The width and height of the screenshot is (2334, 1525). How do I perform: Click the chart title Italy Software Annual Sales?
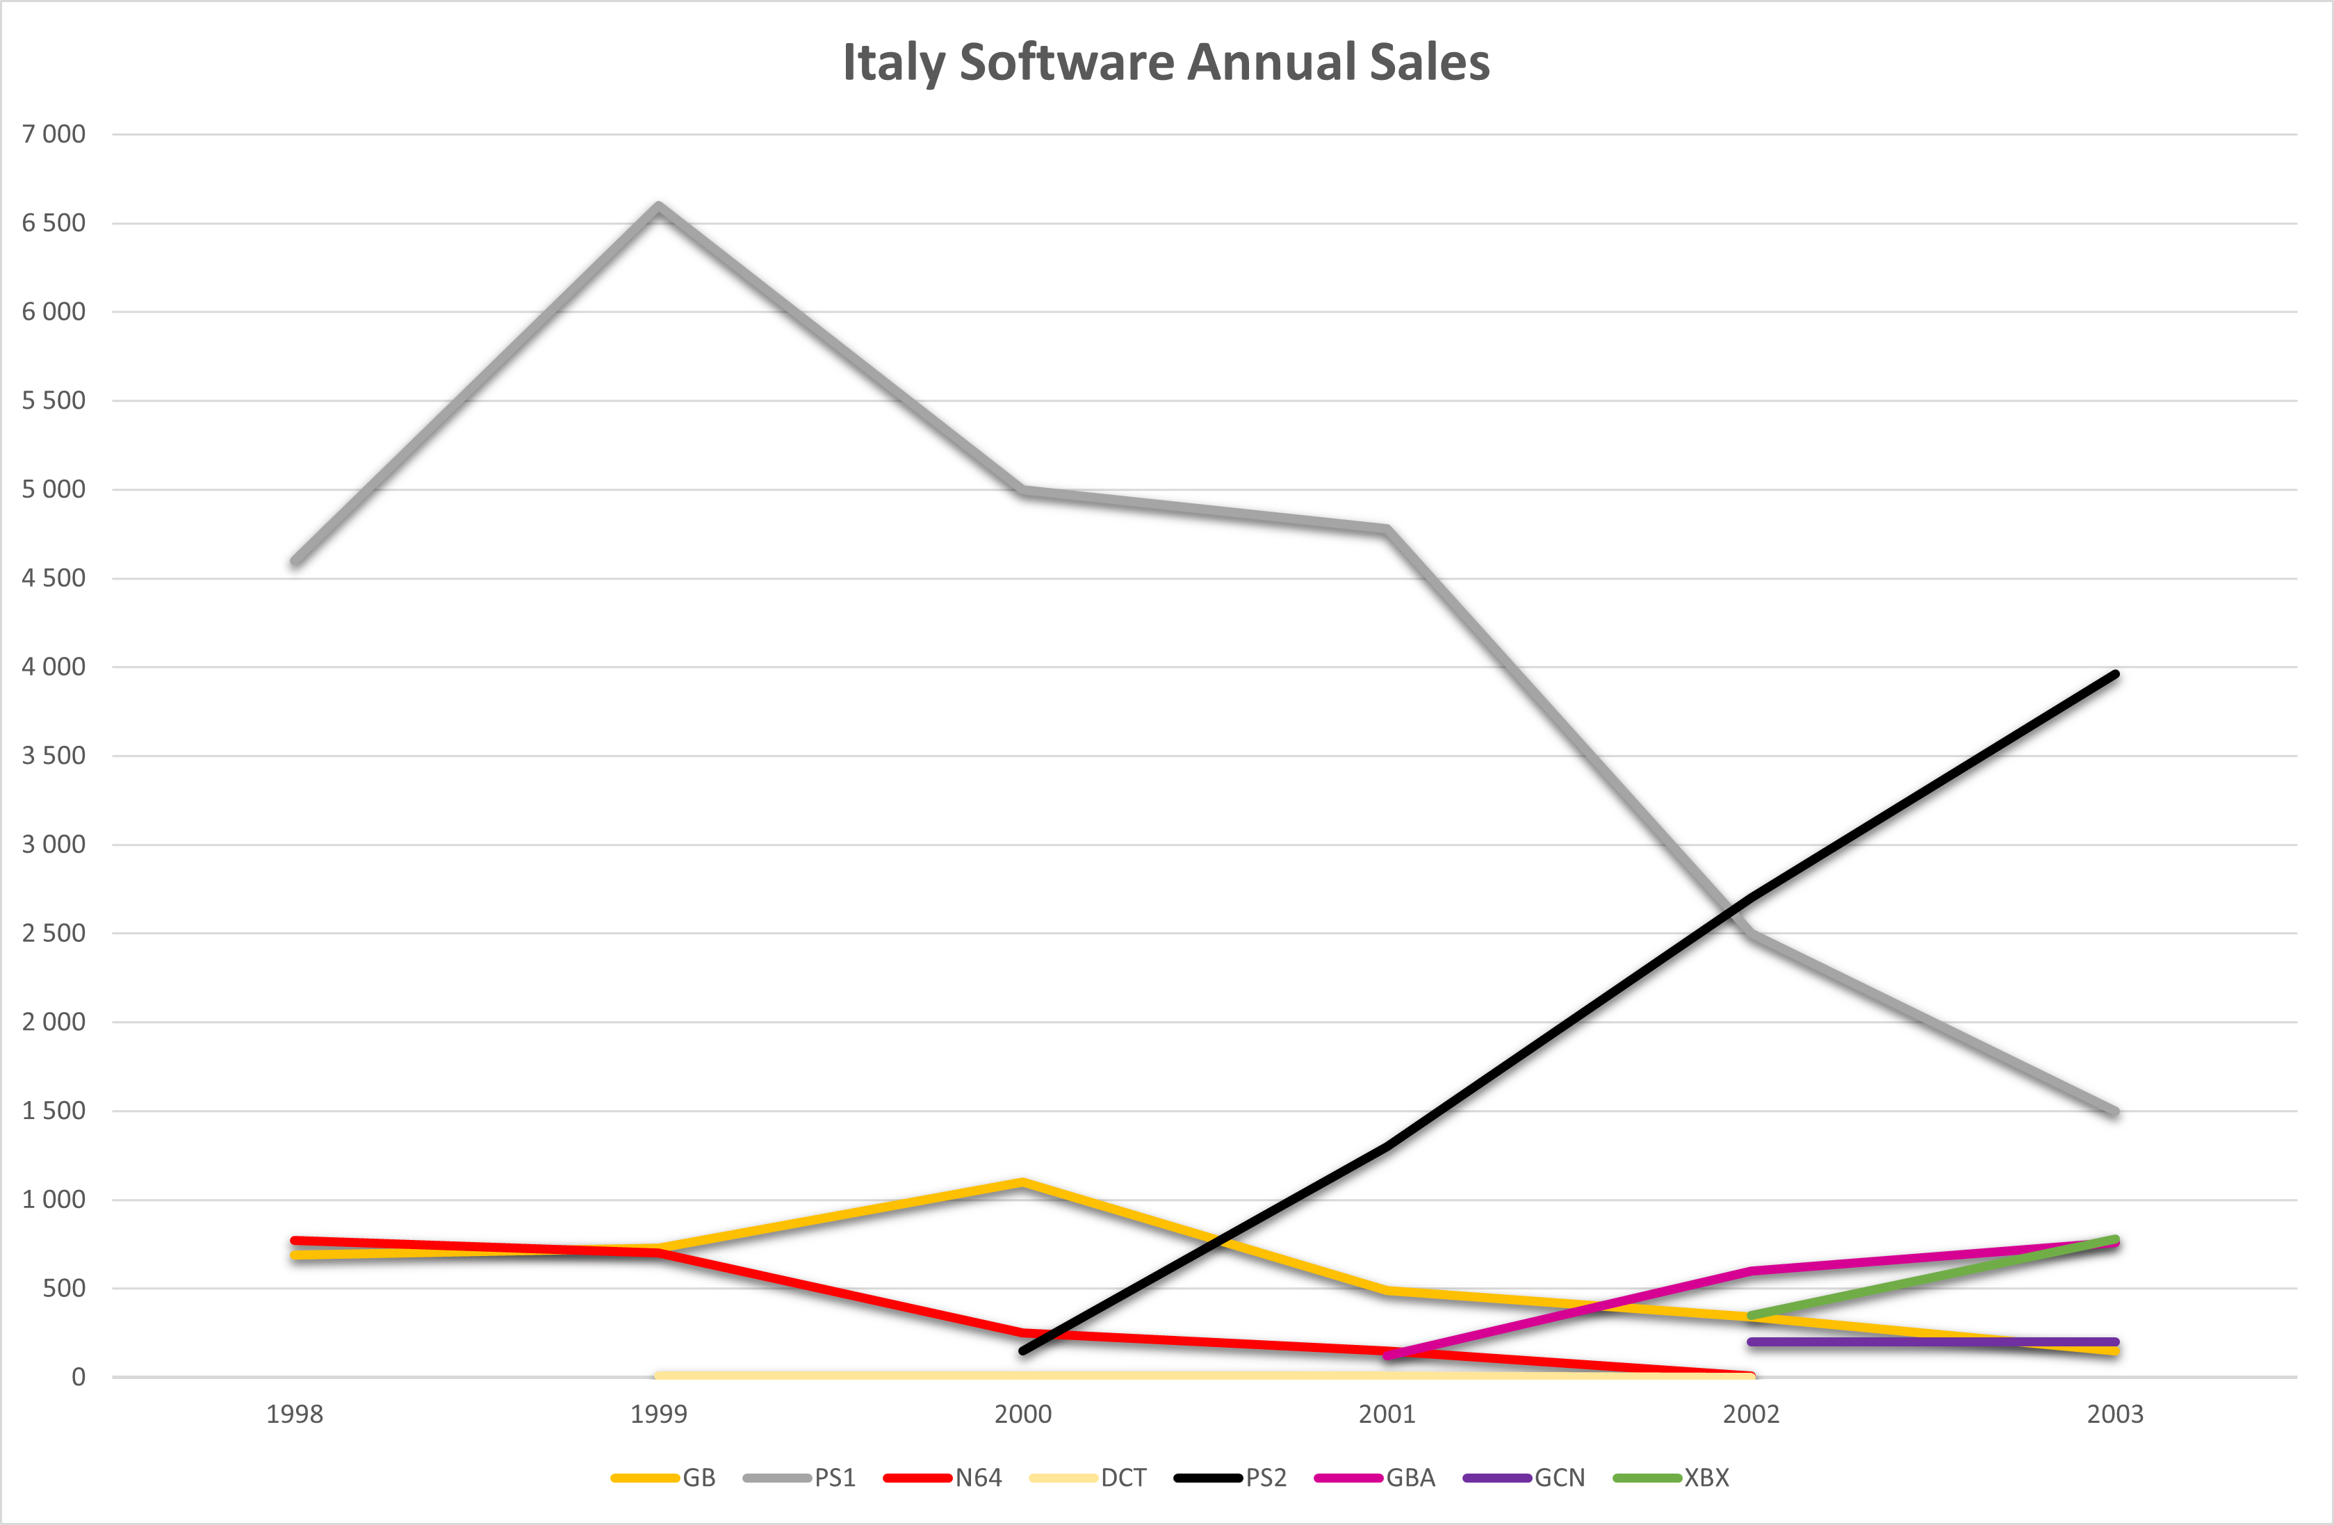tap(1166, 62)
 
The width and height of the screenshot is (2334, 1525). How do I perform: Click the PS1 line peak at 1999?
tap(659, 206)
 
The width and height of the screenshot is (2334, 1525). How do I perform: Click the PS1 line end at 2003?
tap(2115, 1112)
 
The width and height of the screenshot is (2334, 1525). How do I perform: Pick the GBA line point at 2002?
tap(1752, 1271)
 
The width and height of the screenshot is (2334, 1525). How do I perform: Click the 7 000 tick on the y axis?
tap(54, 134)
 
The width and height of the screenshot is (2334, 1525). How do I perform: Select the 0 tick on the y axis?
tap(79, 1377)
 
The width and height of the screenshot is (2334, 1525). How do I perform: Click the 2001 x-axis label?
tap(1387, 1414)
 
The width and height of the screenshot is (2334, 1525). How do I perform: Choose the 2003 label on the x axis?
tap(2115, 1414)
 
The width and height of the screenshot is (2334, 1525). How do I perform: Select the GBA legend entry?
tap(1375, 1478)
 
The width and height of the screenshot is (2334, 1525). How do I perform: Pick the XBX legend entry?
tap(1672, 1478)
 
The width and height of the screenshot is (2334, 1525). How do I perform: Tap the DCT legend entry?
tap(1088, 1478)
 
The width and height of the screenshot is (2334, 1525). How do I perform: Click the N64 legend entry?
tap(943, 1478)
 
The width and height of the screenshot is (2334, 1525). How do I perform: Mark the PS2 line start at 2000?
tap(1023, 1351)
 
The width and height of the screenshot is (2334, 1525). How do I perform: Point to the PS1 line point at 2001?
tap(1387, 530)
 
